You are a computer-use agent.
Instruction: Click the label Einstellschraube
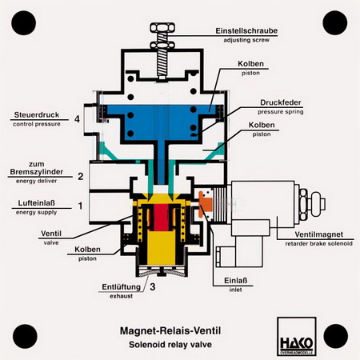click(x=246, y=30)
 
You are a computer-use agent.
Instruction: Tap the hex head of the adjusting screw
click(x=162, y=28)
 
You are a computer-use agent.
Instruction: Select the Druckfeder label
click(x=281, y=102)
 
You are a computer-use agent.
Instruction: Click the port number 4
click(x=77, y=119)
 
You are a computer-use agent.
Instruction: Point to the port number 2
click(x=80, y=176)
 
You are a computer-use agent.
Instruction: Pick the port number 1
click(x=80, y=206)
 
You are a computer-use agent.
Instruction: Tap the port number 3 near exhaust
click(x=153, y=286)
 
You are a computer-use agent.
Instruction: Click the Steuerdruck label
click(x=37, y=115)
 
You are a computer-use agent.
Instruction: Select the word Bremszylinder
click(x=37, y=172)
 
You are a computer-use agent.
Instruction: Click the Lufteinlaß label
click(x=37, y=203)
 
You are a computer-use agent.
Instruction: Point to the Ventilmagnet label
click(x=319, y=234)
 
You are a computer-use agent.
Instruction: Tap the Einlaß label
click(x=235, y=281)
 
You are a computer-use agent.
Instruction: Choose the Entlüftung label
click(x=122, y=287)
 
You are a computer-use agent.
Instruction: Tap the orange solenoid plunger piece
click(x=205, y=203)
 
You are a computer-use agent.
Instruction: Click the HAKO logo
click(x=297, y=336)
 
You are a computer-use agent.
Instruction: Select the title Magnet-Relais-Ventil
click(x=170, y=331)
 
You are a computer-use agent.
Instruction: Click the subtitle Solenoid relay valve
click(x=170, y=345)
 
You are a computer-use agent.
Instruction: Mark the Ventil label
click(x=51, y=234)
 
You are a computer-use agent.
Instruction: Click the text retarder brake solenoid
click(x=319, y=244)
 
